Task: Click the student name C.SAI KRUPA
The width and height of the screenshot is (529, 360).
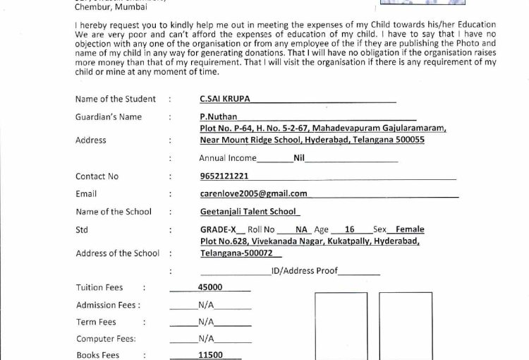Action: [x=226, y=100]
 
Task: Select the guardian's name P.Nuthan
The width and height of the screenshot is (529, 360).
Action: [x=219, y=117]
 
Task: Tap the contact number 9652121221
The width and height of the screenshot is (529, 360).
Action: [x=224, y=176]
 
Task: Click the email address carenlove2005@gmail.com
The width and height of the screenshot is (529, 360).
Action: [x=253, y=193]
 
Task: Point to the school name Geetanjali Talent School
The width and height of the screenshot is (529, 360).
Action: [x=250, y=212]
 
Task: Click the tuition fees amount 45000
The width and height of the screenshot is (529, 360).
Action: [x=210, y=287]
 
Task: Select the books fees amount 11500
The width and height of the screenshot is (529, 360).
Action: [x=210, y=355]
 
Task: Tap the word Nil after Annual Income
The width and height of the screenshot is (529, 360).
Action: [x=299, y=158]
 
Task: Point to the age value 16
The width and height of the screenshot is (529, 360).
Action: [x=350, y=229]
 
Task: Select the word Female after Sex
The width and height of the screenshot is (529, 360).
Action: [x=410, y=229]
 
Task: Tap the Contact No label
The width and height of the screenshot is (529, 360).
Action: [x=97, y=176]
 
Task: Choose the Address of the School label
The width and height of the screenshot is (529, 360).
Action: [x=114, y=253]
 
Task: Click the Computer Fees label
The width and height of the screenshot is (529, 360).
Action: [x=106, y=339]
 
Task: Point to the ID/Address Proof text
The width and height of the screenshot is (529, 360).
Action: [x=305, y=270]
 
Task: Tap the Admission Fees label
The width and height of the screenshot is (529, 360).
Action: [x=108, y=305]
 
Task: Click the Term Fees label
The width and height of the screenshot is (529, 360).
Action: [x=96, y=322]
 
